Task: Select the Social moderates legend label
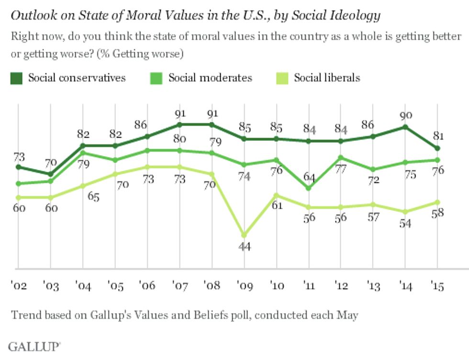pyautogui.click(x=210, y=78)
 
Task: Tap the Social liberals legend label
pyautogui.click(x=327, y=78)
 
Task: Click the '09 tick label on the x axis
pyautogui.click(x=244, y=286)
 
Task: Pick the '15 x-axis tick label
pyautogui.click(x=437, y=286)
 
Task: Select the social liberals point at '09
pyautogui.click(x=244, y=235)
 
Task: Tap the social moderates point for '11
pyautogui.click(x=308, y=188)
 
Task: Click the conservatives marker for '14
pyautogui.click(x=406, y=127)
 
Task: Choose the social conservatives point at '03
pyautogui.click(x=50, y=174)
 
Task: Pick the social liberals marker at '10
pyautogui.click(x=276, y=195)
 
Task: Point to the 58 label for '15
pyautogui.click(x=437, y=214)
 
